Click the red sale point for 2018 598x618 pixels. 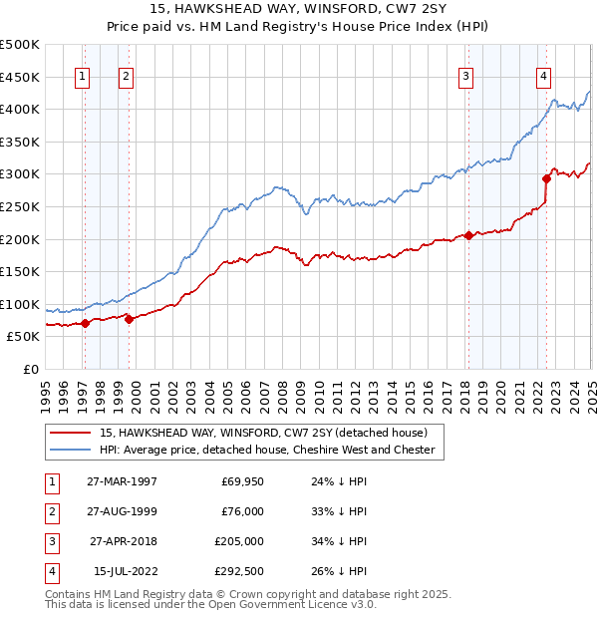[468, 235]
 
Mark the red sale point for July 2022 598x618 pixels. [546, 179]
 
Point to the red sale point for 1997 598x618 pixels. [86, 323]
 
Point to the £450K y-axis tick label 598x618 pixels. [20, 77]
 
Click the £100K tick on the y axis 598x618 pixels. [20, 304]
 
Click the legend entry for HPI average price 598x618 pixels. [267, 450]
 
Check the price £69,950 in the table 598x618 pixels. [239, 482]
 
